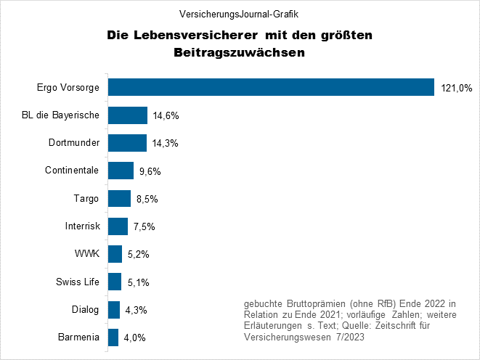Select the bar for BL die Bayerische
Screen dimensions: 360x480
(128, 115)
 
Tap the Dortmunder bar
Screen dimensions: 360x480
(127, 143)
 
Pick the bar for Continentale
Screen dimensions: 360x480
(121, 171)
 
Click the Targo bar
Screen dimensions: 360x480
(119, 198)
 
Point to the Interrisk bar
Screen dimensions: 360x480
(118, 226)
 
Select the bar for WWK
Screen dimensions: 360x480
(115, 254)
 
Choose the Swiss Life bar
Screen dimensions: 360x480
(115, 282)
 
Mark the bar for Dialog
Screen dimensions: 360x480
(113, 310)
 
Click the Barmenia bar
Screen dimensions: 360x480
(113, 337)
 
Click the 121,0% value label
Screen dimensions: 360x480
(456, 88)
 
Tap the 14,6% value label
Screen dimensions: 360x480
(165, 115)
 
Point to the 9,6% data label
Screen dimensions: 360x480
(148, 171)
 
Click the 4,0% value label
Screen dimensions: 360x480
(134, 338)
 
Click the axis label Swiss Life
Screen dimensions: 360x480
(77, 282)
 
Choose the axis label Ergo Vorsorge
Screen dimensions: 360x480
(68, 87)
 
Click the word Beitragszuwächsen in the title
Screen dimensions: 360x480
(239, 52)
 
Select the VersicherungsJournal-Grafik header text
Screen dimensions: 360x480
(239, 14)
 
